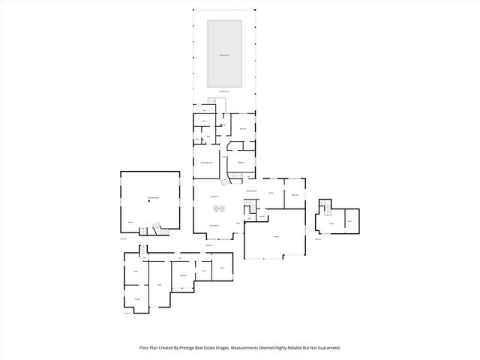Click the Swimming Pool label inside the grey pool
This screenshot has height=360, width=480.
pyautogui.click(x=224, y=55)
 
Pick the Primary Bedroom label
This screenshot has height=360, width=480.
pyautogui.click(x=207, y=163)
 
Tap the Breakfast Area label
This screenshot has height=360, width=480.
pyautogui.click(x=252, y=191)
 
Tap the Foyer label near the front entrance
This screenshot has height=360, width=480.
pyautogui.click(x=238, y=223)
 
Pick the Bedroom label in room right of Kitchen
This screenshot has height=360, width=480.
pyautogui.click(x=295, y=194)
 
